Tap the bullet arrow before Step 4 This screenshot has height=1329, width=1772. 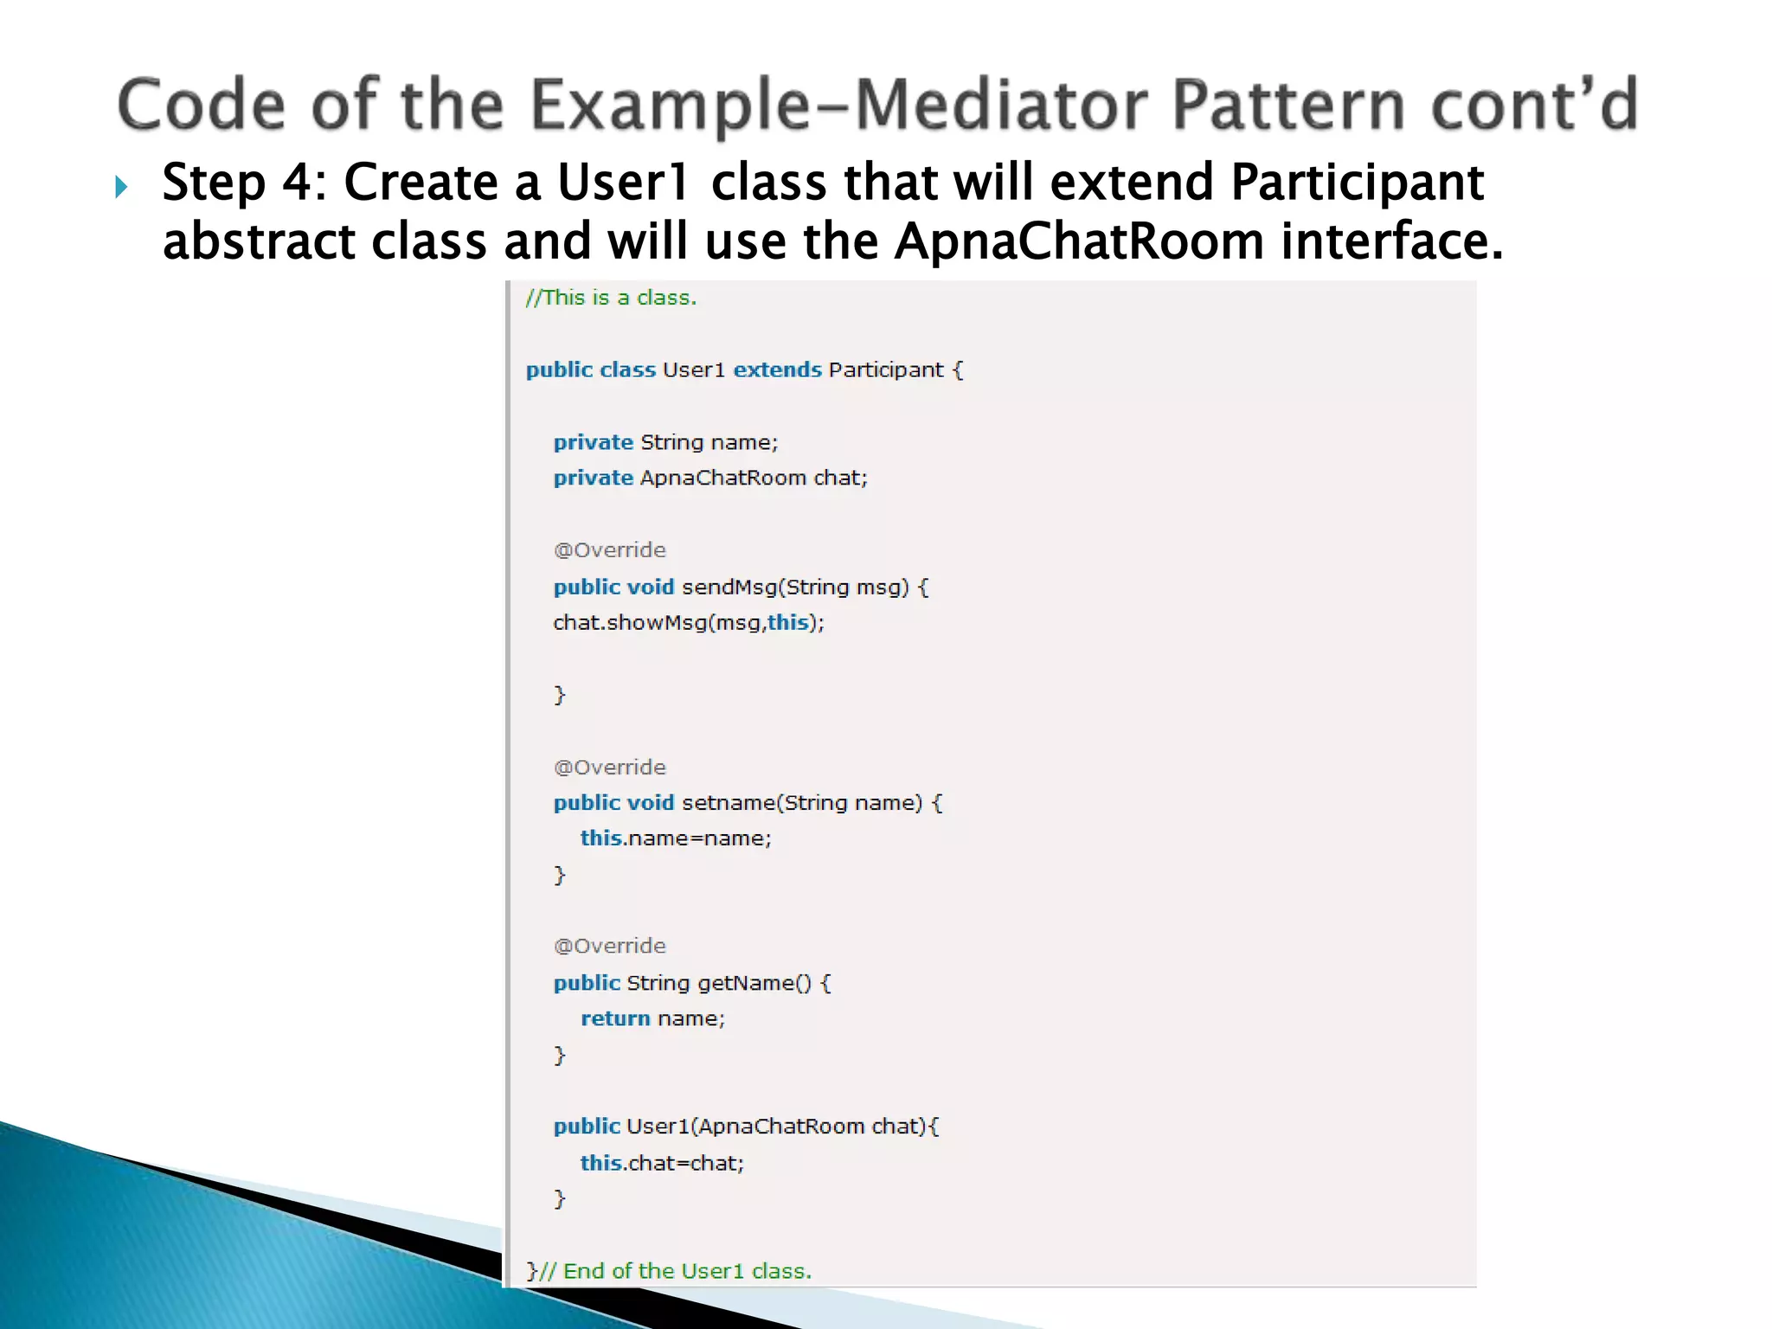pyautogui.click(x=122, y=186)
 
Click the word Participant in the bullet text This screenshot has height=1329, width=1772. pyautogui.click(x=1357, y=183)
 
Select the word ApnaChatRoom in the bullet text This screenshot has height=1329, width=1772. pyautogui.click(x=1079, y=241)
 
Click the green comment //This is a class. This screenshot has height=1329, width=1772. pyautogui.click(x=611, y=298)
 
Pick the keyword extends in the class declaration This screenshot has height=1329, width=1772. pyautogui.click(x=777, y=370)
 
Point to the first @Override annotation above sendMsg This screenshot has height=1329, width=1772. pyautogui.click(x=610, y=550)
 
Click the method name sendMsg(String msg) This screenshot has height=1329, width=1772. pyautogui.click(x=795, y=587)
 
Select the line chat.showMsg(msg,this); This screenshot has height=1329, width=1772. pyautogui.click(x=689, y=623)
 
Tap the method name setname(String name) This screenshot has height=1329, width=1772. pyautogui.click(x=802, y=803)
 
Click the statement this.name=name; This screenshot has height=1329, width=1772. pyautogui.click(x=675, y=838)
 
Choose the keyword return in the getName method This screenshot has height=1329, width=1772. pyautogui.click(x=615, y=1018)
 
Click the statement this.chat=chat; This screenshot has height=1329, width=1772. pyautogui.click(x=662, y=1163)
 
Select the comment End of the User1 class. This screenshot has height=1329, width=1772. pyautogui.click(x=687, y=1271)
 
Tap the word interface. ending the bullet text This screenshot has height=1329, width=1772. pyautogui.click(x=1392, y=241)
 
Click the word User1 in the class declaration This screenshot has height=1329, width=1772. pyautogui.click(x=693, y=370)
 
